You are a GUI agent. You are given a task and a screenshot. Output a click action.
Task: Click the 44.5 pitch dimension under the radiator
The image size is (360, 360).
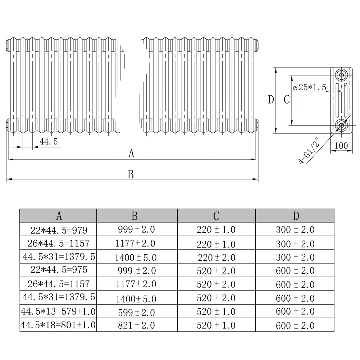[49, 141]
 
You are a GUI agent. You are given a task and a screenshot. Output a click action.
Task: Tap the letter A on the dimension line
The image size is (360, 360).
[131, 153]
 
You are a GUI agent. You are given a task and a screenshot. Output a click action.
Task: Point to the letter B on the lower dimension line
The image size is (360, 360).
[131, 174]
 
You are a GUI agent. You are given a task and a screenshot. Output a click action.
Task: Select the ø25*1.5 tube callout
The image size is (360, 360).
[310, 87]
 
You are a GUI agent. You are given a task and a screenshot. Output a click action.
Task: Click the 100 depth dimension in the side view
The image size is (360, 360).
[341, 146]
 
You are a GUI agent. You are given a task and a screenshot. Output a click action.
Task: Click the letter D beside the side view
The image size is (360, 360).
[271, 100]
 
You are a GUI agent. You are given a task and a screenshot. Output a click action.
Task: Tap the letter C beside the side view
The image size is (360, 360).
[287, 100]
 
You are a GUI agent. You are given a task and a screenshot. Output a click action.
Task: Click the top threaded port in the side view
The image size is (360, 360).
[341, 75]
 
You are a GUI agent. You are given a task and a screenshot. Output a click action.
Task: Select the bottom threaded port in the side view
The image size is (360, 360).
[341, 125]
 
